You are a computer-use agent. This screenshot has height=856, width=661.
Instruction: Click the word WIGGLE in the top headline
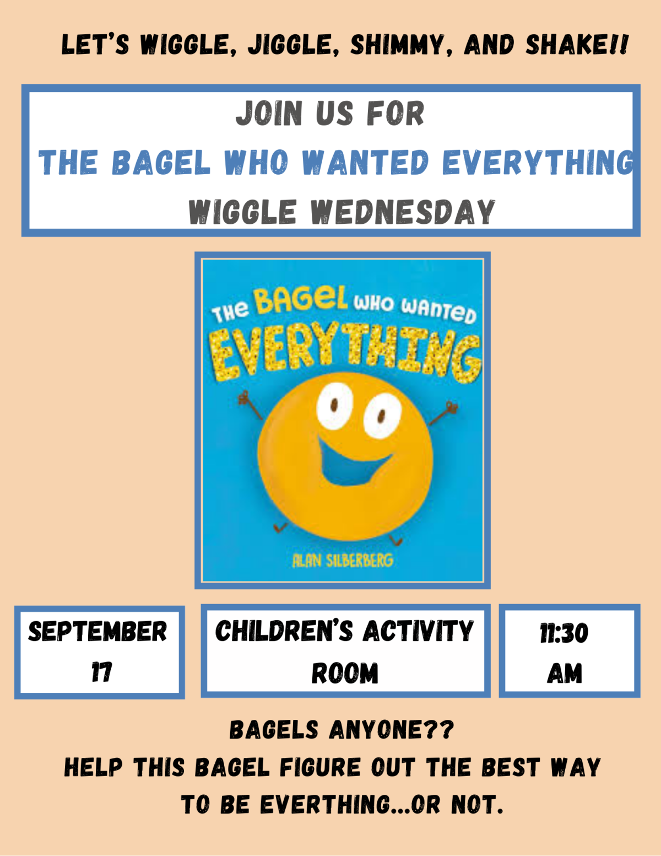pyautogui.click(x=185, y=45)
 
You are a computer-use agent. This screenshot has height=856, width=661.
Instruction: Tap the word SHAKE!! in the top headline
pyautogui.click(x=576, y=45)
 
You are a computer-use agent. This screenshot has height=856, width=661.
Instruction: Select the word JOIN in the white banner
pyautogui.click(x=269, y=114)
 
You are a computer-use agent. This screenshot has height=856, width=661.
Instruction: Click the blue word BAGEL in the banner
pyautogui.click(x=161, y=163)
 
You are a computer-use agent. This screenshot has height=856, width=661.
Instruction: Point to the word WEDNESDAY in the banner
pyautogui.click(x=403, y=212)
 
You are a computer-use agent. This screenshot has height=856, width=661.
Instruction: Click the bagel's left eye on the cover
pyautogui.click(x=334, y=406)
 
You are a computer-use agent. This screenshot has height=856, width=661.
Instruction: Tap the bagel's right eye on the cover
pyautogui.click(x=382, y=416)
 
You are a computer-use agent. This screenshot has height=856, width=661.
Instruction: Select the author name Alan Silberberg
pyautogui.click(x=343, y=561)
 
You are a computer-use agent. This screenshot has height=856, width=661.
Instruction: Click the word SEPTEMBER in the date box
pyautogui.click(x=97, y=632)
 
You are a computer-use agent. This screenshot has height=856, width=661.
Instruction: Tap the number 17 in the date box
pyautogui.click(x=101, y=672)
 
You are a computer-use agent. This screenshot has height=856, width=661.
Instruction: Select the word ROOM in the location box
pyautogui.click(x=345, y=673)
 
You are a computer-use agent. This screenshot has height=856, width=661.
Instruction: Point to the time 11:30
pyautogui.click(x=564, y=633)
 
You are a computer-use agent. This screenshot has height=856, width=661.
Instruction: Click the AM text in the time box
pyautogui.click(x=565, y=673)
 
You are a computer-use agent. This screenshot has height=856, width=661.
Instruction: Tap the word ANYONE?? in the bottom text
pyautogui.click(x=391, y=730)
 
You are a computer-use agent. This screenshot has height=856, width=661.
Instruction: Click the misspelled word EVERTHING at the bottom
pyautogui.click(x=325, y=805)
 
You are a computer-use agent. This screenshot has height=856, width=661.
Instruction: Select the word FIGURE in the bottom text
pyautogui.click(x=319, y=767)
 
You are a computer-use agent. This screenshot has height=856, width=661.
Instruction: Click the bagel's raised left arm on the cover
pyautogui.click(x=251, y=406)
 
